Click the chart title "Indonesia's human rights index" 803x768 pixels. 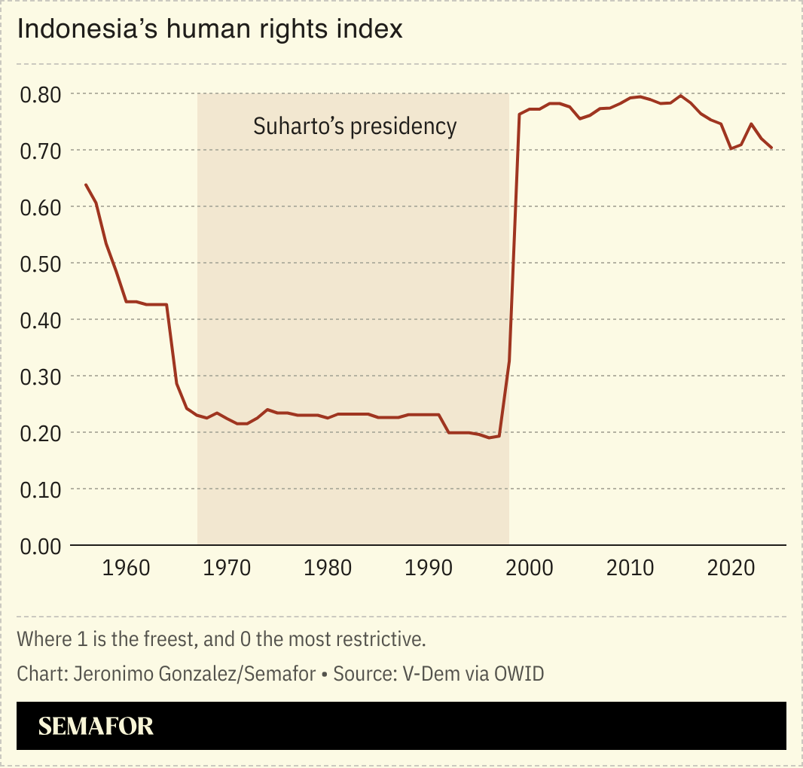pyautogui.click(x=210, y=29)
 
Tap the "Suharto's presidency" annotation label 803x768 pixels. pyautogui.click(x=355, y=126)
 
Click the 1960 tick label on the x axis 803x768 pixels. pyautogui.click(x=126, y=568)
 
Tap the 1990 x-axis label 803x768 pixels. pyautogui.click(x=429, y=568)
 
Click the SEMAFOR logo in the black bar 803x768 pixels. pyautogui.click(x=96, y=726)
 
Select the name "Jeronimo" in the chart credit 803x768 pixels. pyautogui.click(x=115, y=673)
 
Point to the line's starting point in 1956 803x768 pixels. pyautogui.click(x=86, y=184)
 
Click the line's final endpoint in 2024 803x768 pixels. pyautogui.click(x=771, y=148)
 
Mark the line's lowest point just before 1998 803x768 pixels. pyautogui.click(x=490, y=437)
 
